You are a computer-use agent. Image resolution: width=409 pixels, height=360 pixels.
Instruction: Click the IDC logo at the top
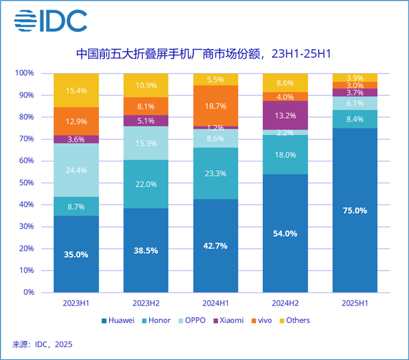(51, 22)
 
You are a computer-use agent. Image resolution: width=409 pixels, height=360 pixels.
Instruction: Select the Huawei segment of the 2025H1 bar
(354, 210)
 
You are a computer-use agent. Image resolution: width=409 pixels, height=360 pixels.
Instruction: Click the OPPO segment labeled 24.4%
(76, 170)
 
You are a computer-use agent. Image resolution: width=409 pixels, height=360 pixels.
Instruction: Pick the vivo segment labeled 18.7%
(215, 106)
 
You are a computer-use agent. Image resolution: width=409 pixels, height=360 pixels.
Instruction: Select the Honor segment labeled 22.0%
(146, 185)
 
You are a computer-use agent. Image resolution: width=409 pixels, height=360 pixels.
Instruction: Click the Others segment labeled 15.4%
(76, 90)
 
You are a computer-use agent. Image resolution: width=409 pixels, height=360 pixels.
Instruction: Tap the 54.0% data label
(285, 233)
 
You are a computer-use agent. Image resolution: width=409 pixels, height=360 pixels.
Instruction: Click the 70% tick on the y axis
(25, 139)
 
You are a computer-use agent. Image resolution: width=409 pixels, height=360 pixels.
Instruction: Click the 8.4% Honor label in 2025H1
(354, 119)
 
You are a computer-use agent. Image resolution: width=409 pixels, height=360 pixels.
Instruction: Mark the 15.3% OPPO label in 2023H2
(146, 143)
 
